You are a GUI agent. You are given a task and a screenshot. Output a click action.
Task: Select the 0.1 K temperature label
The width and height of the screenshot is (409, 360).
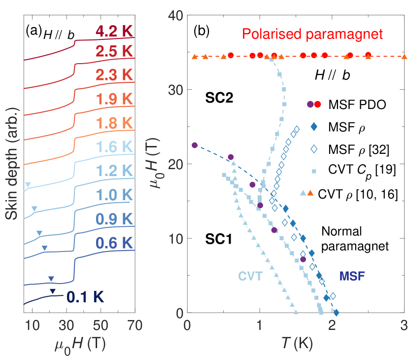pos(85,297)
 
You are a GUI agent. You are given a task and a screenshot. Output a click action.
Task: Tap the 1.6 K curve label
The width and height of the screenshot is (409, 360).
pos(114,147)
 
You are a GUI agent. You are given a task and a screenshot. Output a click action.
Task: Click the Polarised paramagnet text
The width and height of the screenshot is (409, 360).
pos(292,35)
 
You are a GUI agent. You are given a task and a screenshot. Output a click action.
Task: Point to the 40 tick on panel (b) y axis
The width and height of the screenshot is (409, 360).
pos(177,16)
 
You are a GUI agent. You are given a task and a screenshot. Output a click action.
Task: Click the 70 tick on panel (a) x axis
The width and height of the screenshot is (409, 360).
pos(135,325)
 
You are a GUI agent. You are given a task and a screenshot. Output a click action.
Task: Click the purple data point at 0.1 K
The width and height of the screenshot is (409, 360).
pos(195,145)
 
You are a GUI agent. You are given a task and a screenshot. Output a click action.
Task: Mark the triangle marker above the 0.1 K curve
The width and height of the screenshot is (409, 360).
pos(53,291)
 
